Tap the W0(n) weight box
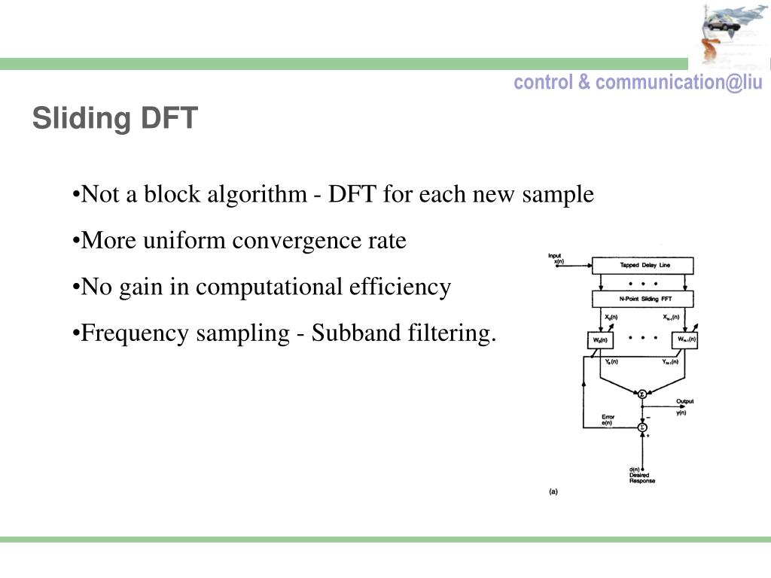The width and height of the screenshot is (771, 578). (600, 340)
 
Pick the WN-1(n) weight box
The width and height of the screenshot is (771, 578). (686, 340)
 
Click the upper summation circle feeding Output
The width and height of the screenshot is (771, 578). (642, 394)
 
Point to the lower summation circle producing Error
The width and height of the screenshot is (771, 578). (642, 427)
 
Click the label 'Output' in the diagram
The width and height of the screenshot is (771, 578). (684, 402)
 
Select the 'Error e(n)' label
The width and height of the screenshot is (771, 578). (608, 419)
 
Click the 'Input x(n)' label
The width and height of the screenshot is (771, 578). (556, 258)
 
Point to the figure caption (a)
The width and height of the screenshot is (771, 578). (553, 491)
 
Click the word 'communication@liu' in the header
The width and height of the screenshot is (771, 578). (678, 82)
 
